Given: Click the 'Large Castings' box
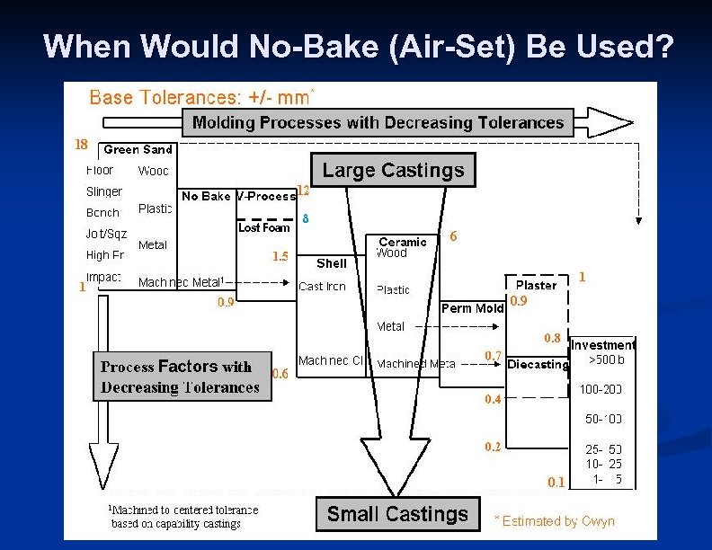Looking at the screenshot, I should [x=393, y=170].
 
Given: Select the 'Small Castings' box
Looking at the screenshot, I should [x=397, y=514].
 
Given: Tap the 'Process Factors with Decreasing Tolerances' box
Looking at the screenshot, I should [x=181, y=377].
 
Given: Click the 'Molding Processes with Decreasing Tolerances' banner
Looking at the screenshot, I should [x=378, y=122].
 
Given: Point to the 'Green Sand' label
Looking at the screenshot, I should [x=138, y=150].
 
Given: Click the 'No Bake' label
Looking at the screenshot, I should [x=206, y=196].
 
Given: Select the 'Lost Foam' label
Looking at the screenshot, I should [x=263, y=228].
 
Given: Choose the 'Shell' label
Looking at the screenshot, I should [x=332, y=263].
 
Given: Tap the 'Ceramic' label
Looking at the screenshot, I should [x=403, y=242].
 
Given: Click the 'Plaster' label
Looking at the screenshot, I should [x=536, y=285].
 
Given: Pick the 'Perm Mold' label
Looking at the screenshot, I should [x=473, y=308].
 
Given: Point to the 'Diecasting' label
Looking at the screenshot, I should [x=538, y=364].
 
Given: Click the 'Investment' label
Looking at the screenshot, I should [x=602, y=345].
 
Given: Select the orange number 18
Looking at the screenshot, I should [x=81, y=144].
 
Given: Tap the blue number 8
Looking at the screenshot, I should [x=305, y=218].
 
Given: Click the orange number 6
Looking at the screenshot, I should [x=453, y=236].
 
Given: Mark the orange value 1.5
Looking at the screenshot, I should [x=280, y=256].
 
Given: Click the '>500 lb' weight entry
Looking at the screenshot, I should [x=606, y=359].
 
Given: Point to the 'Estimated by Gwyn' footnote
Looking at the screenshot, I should [x=555, y=521].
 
